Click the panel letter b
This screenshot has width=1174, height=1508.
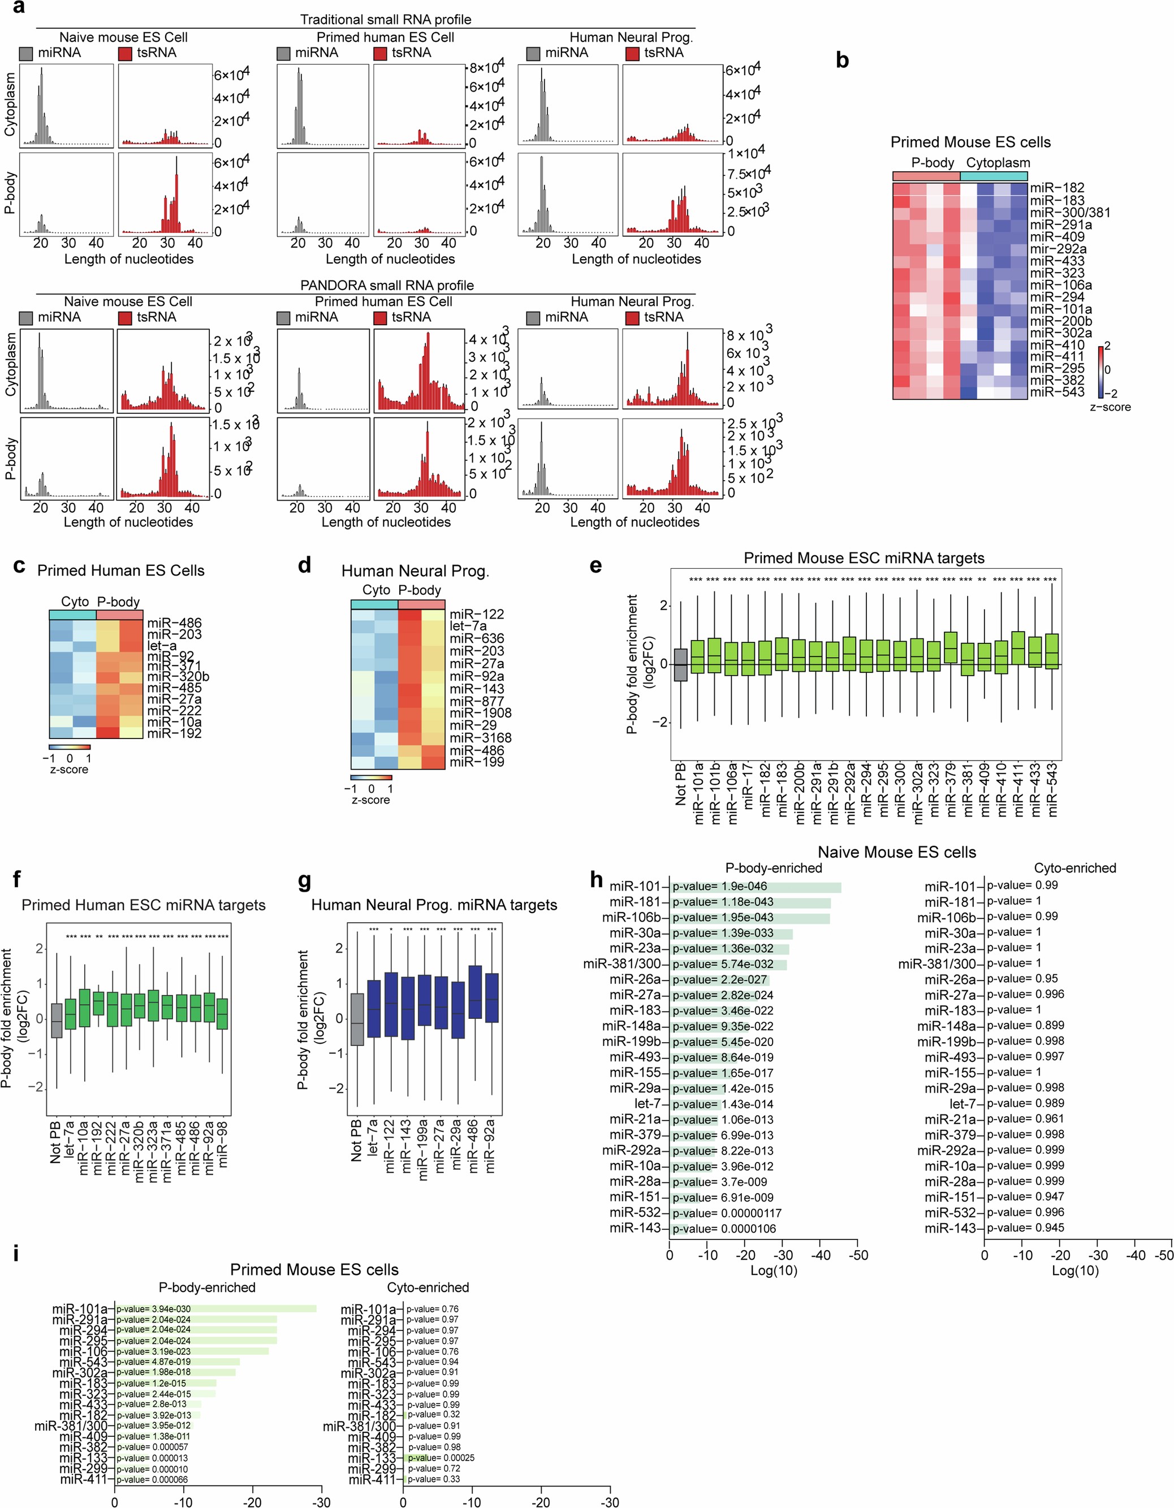(842, 61)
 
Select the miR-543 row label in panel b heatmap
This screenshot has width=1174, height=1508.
(1056, 392)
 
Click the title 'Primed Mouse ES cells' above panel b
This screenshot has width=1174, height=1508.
(970, 142)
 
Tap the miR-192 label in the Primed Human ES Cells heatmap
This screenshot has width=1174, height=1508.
(174, 733)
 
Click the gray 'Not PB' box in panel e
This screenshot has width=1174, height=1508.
(680, 664)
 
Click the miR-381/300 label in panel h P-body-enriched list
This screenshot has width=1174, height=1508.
(621, 964)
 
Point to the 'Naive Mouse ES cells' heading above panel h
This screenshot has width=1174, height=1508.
(896, 852)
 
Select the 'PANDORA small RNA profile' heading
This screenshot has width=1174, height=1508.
(387, 285)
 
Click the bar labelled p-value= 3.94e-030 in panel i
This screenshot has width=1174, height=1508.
(215, 1308)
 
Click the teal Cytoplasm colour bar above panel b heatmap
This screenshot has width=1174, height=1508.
(994, 176)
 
